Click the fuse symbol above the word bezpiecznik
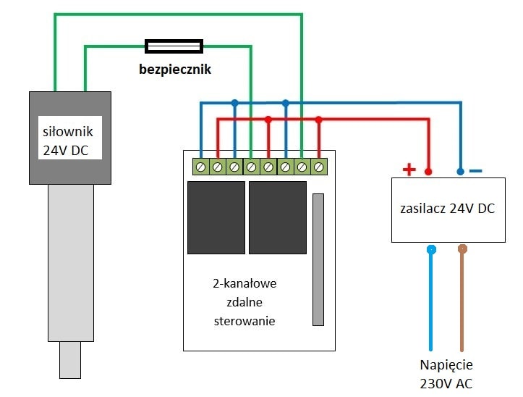[174, 47]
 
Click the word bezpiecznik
[174, 70]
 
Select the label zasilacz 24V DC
[447, 209]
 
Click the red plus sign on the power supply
[409, 170]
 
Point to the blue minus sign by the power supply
[475, 171]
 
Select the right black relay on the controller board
[277, 217]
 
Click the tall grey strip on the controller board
[318, 259]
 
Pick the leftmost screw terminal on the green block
[201, 167]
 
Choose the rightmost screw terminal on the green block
[320, 167]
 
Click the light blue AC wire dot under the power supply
[432, 250]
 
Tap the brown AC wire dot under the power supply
[462, 250]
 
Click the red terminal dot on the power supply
[428, 172]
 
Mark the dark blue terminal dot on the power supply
[460, 172]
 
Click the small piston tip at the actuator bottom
[69, 359]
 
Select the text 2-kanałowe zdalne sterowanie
[245, 301]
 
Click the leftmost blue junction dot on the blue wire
[234, 103]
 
